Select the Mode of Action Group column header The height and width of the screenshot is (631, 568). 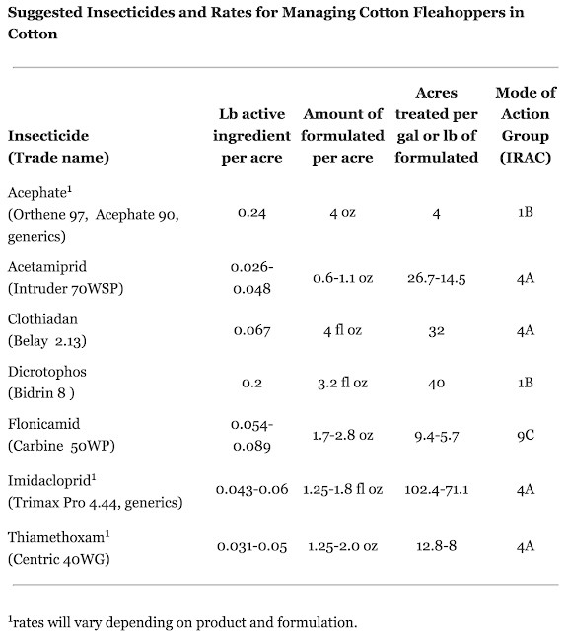pyautogui.click(x=526, y=125)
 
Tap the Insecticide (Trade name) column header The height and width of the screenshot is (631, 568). pyautogui.click(x=58, y=147)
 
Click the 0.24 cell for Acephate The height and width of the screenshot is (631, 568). pyautogui.click(x=251, y=213)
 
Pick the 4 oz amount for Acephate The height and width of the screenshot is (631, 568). pyautogui.click(x=342, y=213)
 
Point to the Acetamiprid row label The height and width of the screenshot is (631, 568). pyautogui.click(x=66, y=278)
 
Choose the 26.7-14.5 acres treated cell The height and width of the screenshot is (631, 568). pyautogui.click(x=437, y=278)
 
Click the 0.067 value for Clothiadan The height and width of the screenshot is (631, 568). pyautogui.click(x=252, y=331)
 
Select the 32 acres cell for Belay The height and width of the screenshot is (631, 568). pyautogui.click(x=437, y=331)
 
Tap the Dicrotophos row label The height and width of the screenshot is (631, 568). pyautogui.click(x=47, y=383)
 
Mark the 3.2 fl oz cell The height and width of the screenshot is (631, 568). pyautogui.click(x=342, y=383)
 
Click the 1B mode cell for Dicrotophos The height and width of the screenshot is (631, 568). pyautogui.click(x=526, y=383)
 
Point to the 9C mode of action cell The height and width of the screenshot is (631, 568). pyautogui.click(x=526, y=435)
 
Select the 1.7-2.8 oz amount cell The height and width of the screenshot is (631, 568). pyautogui.click(x=342, y=436)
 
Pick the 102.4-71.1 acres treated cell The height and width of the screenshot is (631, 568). pyautogui.click(x=437, y=490)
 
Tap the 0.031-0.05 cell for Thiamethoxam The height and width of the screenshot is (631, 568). pyautogui.click(x=252, y=546)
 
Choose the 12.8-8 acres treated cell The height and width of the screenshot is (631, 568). pyautogui.click(x=437, y=546)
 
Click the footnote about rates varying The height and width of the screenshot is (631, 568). pyautogui.click(x=182, y=622)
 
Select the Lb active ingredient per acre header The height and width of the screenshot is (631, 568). pyautogui.click(x=251, y=136)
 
